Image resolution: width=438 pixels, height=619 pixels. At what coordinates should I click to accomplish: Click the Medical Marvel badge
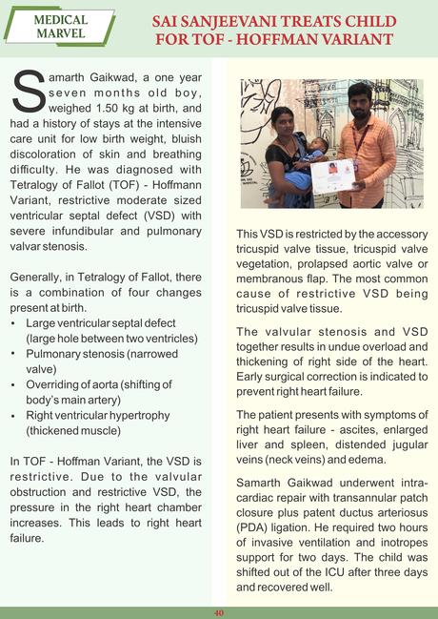click(59, 27)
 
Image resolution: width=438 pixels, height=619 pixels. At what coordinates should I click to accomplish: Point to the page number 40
click(218, 611)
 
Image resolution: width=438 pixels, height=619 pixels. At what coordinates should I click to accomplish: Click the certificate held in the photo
click(333, 175)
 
